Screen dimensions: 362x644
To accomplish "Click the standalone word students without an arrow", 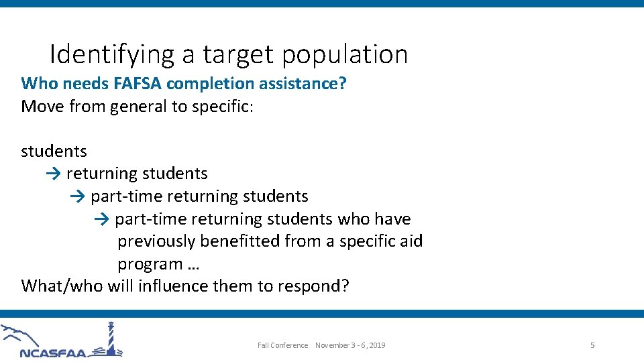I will (54, 152).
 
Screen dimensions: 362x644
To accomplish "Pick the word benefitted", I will (239, 241).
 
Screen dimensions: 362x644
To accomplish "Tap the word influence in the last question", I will (173, 286).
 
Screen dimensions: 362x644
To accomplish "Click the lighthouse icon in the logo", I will (110, 339).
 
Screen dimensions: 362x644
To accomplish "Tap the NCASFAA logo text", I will (54, 353).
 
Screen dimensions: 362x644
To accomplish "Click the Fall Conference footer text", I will (282, 345).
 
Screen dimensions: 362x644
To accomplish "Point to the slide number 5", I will (592, 345).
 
